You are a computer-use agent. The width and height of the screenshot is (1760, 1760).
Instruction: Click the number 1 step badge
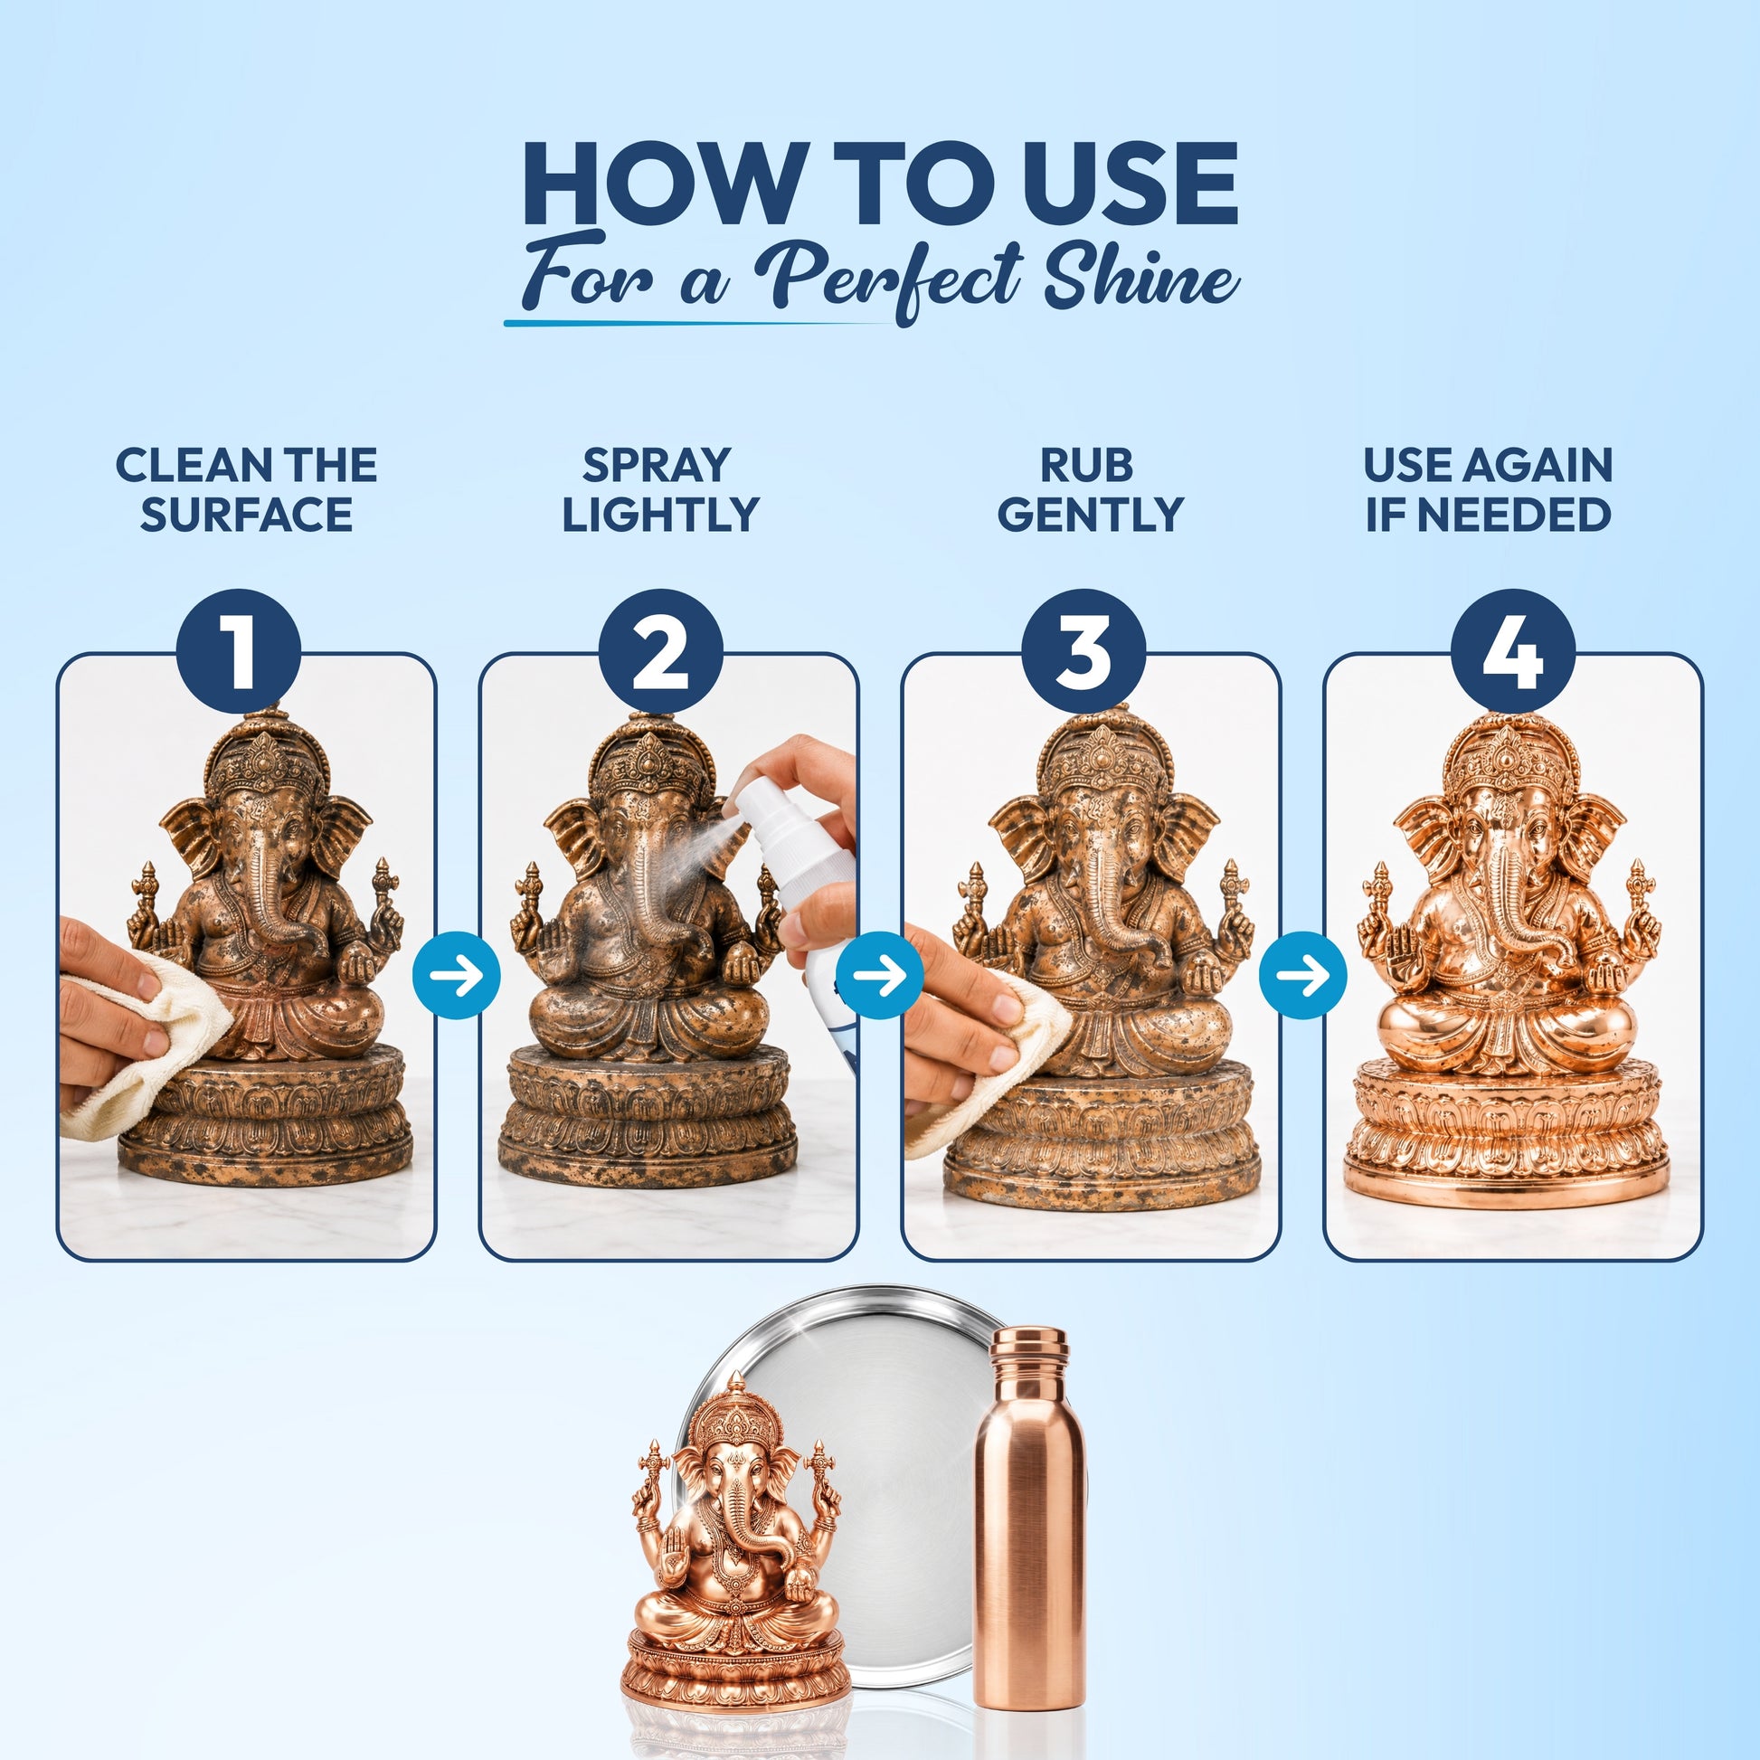[239, 651]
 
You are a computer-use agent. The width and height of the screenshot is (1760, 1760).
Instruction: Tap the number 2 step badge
[660, 651]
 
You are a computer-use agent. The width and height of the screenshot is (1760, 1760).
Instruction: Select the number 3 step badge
[1083, 651]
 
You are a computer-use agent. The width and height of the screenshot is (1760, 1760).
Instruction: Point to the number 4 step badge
[1512, 651]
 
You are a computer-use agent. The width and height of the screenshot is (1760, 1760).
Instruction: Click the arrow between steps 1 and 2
[457, 975]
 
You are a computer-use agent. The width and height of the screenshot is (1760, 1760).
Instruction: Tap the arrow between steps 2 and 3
[879, 975]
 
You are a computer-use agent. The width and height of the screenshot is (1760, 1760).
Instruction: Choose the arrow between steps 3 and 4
[1301, 975]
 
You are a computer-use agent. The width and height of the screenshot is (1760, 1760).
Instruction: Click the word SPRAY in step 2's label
[657, 465]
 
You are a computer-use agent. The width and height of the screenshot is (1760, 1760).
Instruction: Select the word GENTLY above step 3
[1090, 514]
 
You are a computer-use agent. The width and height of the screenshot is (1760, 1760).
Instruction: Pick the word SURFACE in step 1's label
[246, 514]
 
